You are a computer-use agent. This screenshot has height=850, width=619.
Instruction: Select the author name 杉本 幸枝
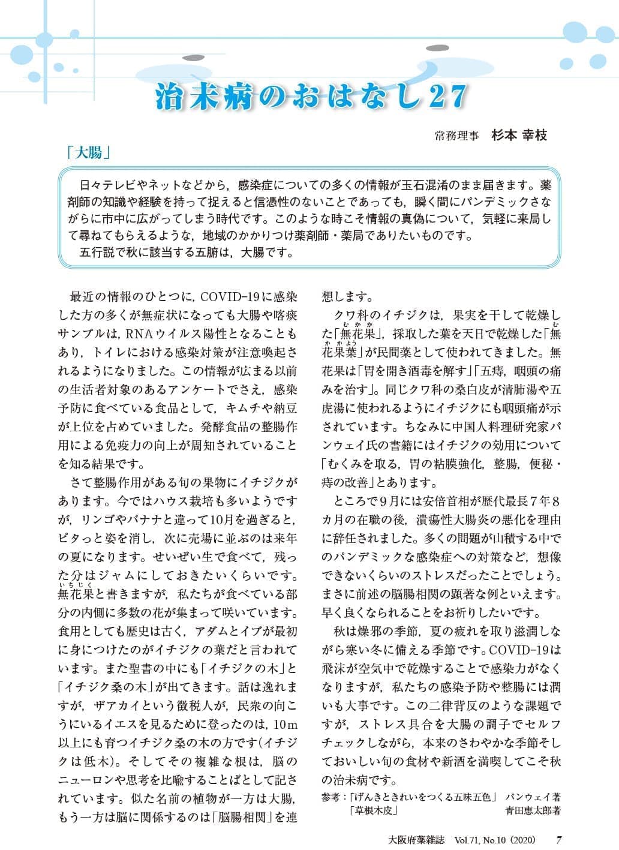tap(519, 136)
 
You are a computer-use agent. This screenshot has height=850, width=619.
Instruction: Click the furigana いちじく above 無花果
tap(75, 585)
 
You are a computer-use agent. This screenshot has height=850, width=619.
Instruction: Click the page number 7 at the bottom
tap(558, 839)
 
